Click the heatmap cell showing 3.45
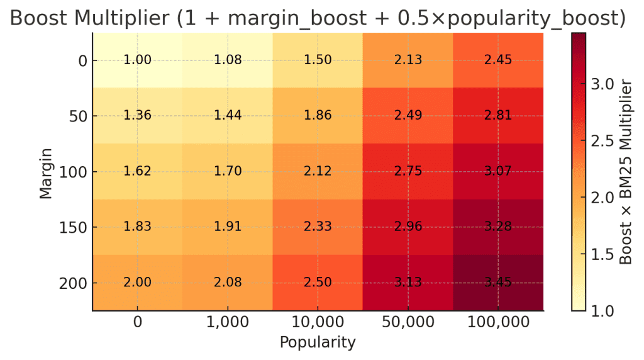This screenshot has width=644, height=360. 498,283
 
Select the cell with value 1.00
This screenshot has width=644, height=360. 137,60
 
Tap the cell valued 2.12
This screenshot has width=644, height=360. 318,172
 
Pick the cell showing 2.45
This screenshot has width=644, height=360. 498,60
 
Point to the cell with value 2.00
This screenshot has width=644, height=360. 137,283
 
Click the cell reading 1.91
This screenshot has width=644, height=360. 228,227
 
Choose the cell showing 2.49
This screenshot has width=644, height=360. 408,116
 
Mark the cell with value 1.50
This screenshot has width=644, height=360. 318,60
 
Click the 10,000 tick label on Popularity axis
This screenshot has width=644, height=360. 318,323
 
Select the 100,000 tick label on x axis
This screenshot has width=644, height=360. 498,323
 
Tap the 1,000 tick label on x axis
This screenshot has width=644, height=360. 228,323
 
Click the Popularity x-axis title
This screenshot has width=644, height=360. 318,343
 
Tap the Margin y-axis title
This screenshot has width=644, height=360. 46,172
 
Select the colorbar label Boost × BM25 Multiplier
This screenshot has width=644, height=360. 626,171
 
